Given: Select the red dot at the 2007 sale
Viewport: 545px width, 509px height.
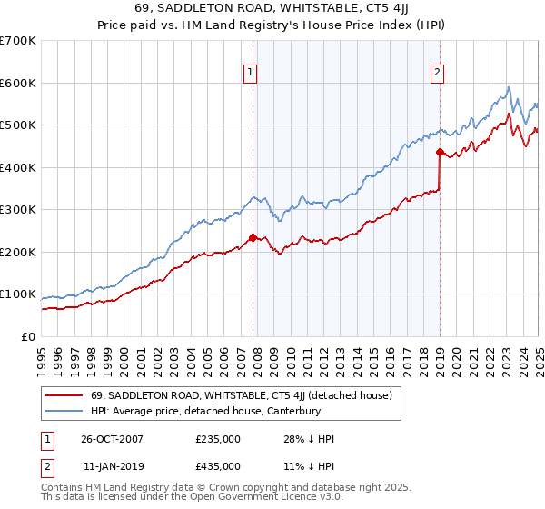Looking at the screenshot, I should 253,237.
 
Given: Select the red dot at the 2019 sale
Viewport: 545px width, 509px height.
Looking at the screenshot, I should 440,153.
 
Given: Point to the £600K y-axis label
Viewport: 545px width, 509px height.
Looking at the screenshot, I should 17,83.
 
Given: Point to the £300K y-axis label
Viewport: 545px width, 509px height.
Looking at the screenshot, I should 17,210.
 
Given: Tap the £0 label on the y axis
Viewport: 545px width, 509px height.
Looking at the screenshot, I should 29,337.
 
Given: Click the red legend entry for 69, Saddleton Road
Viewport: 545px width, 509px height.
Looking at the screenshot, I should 241,395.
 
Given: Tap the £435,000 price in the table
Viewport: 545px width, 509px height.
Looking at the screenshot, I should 218,466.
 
